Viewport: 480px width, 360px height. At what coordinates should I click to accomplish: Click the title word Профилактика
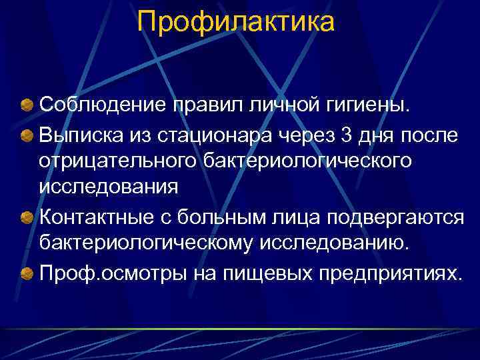tap(235, 22)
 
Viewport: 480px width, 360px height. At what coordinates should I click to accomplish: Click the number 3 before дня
tap(345, 136)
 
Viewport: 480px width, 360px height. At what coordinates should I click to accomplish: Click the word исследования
tap(108, 186)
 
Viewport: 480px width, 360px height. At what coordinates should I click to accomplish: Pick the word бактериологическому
tap(141, 243)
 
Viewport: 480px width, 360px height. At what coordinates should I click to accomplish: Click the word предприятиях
tap(386, 273)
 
